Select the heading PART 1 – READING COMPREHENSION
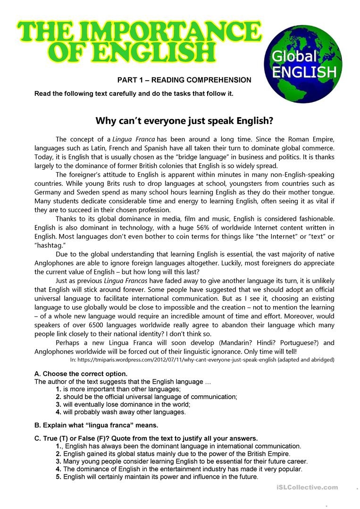(184, 80)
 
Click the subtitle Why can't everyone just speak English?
(184, 120)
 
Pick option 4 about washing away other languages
(124, 412)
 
